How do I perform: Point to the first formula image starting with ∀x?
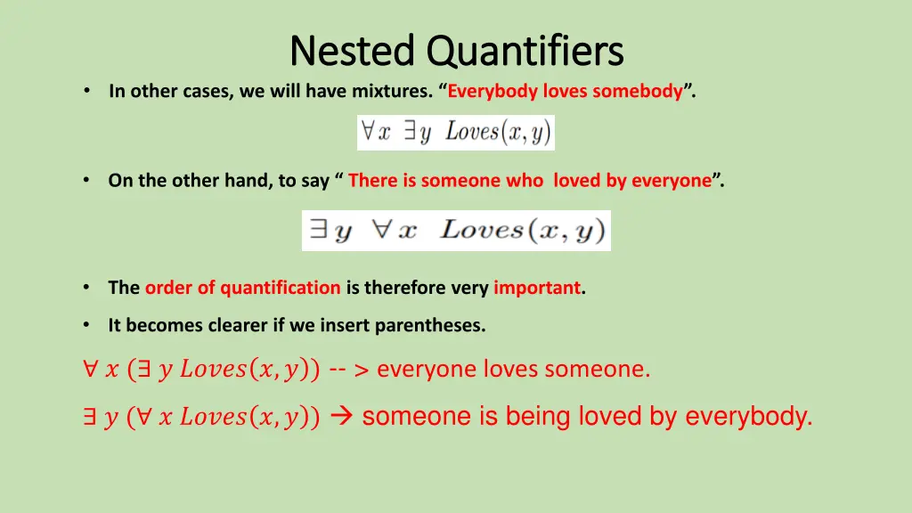[455, 133]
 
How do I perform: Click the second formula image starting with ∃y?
[456, 231]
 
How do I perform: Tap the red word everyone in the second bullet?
[672, 181]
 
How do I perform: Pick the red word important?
[537, 288]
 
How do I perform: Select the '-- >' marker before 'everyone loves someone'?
[349, 370]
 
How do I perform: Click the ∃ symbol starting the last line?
[89, 417]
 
